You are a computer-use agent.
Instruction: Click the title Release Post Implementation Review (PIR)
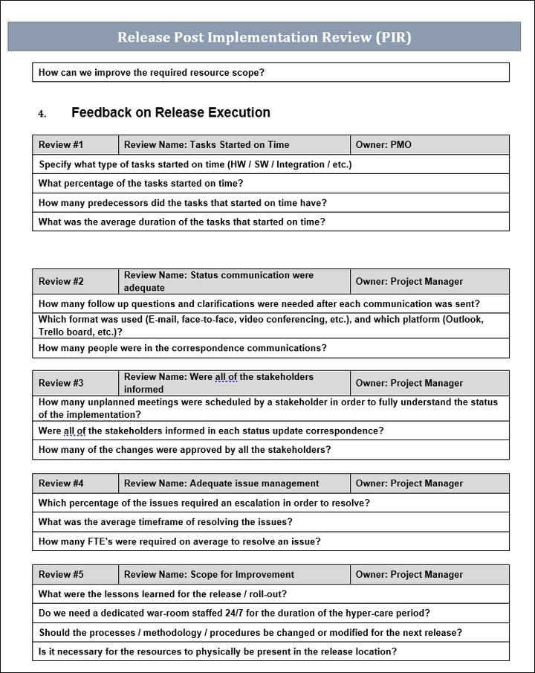[x=264, y=37]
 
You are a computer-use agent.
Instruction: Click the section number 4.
[x=42, y=114]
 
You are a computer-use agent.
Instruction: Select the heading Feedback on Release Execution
[x=171, y=113]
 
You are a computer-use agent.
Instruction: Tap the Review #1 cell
[x=61, y=145]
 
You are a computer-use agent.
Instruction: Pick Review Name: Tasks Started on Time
[x=207, y=145]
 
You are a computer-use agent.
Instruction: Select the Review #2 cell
[x=61, y=282]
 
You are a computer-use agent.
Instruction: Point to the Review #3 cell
[x=61, y=384]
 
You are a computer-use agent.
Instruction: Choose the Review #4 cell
[x=61, y=483]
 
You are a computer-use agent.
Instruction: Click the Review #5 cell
[x=61, y=575]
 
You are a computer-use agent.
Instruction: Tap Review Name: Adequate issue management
[x=221, y=483]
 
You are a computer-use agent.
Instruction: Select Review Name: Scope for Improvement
[x=209, y=575]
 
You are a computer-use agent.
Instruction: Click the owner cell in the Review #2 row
[x=409, y=282]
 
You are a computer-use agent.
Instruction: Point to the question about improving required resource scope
[x=152, y=73]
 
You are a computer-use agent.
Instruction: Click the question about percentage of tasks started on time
[x=141, y=184]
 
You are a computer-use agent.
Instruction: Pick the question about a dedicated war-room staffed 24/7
[x=234, y=614]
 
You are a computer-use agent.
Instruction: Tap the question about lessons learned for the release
[x=163, y=594]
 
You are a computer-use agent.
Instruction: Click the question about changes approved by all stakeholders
[x=185, y=450]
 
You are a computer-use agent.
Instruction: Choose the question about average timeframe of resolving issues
[x=166, y=522]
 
